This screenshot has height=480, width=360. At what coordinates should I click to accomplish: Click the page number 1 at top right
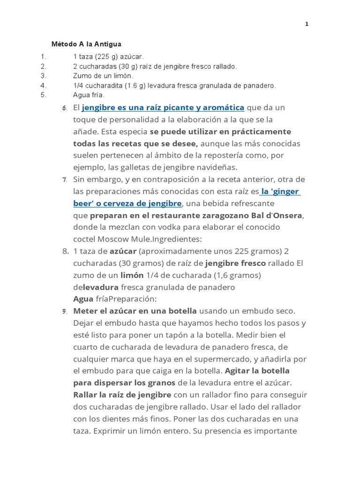click(x=307, y=24)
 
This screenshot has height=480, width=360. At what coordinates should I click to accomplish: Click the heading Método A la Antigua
click(x=86, y=44)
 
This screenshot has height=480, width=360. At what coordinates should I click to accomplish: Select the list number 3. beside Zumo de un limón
click(x=44, y=75)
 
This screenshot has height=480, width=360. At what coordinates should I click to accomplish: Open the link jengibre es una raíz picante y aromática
click(x=163, y=108)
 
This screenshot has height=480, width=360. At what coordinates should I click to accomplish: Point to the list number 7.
click(x=65, y=180)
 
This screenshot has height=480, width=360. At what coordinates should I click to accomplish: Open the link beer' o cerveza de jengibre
click(x=127, y=203)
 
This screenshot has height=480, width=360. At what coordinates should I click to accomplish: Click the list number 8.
click(x=65, y=251)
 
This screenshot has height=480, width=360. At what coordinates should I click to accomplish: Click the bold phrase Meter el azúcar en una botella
click(x=136, y=311)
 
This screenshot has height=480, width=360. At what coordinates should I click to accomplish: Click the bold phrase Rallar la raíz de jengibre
click(x=122, y=395)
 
